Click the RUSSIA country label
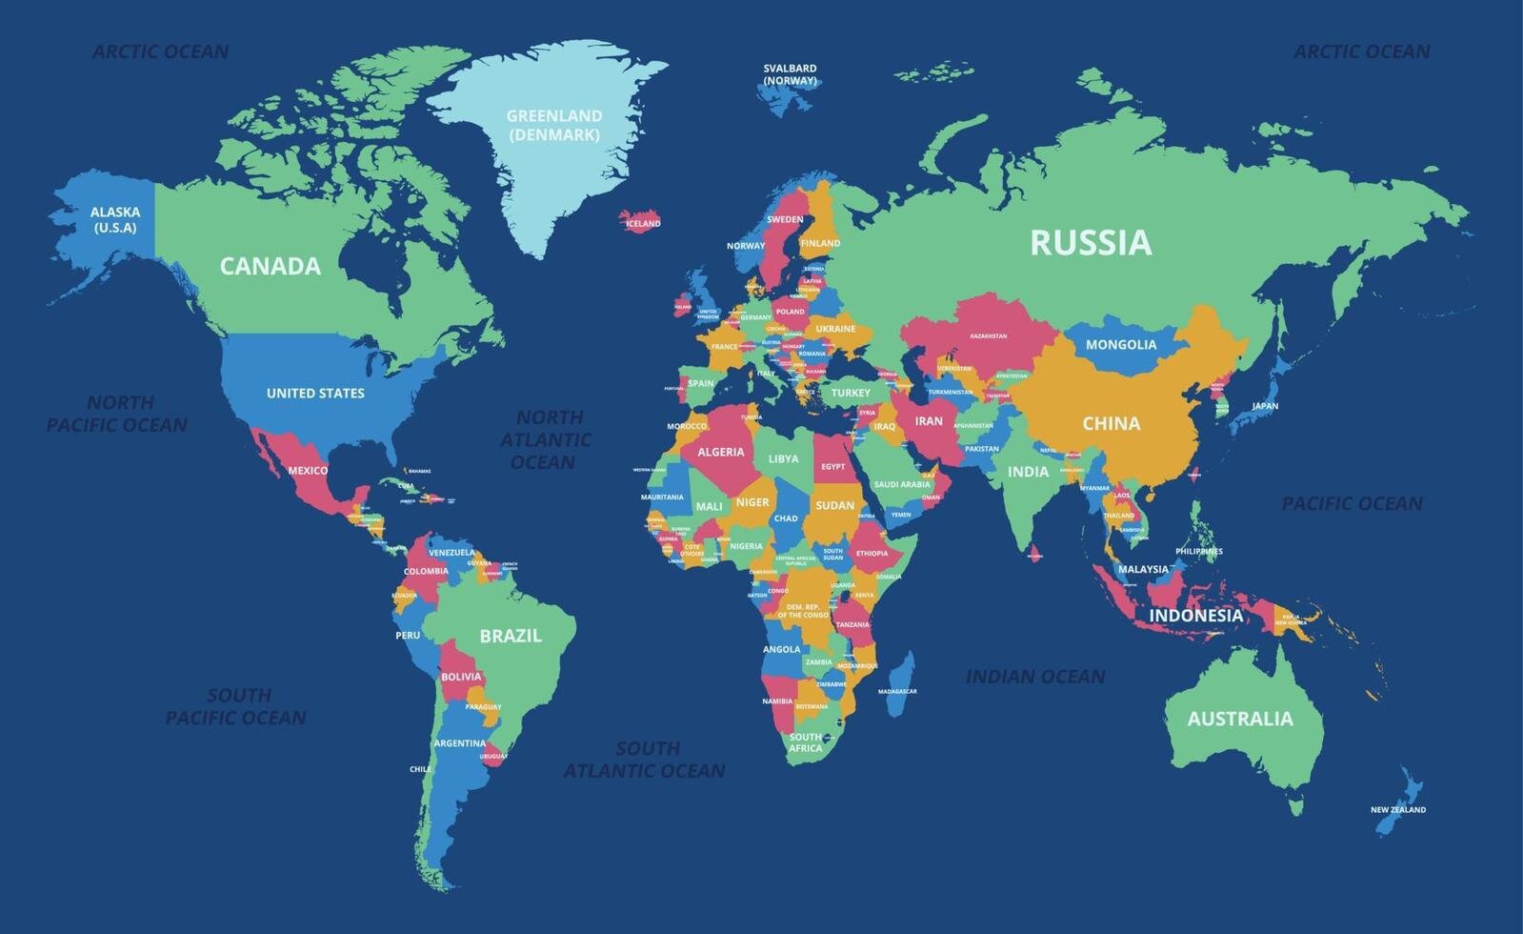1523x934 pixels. tap(1091, 243)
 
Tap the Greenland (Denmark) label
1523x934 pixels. tap(553, 125)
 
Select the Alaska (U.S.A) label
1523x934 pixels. tap(114, 219)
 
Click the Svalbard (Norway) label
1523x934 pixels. tap(790, 74)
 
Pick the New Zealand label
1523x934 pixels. tap(1397, 810)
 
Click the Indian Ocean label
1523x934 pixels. tap(1035, 677)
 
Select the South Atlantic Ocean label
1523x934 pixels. tap(645, 760)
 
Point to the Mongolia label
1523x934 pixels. tap(1121, 345)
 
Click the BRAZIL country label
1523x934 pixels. tap(511, 636)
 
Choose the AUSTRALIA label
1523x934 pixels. tap(1239, 719)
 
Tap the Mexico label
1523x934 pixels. tap(308, 471)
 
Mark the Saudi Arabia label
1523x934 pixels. tap(901, 484)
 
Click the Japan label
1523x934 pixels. tap(1264, 406)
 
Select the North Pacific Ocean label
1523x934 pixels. tap(118, 414)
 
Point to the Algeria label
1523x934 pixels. tap(721, 452)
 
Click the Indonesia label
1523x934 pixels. tap(1195, 616)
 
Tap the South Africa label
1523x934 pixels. tap(805, 742)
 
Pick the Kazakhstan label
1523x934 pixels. tap(988, 336)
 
